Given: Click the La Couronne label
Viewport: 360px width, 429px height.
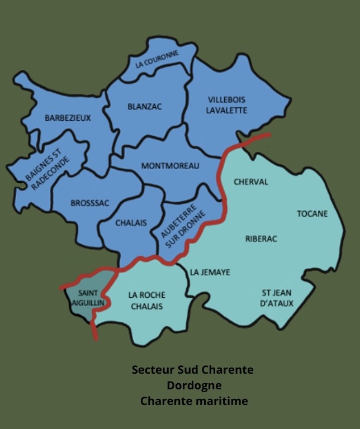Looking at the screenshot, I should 157,59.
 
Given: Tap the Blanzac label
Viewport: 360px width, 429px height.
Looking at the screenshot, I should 144,106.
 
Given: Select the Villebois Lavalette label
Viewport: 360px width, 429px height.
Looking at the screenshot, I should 226,105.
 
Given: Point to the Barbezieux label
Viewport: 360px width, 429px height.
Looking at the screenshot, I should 68,118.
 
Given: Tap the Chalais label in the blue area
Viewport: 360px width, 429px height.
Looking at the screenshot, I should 131,223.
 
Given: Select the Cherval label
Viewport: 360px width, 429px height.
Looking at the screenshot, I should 251,182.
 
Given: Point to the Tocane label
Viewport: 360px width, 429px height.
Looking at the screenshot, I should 312,213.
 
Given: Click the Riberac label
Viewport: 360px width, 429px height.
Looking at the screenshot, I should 261,239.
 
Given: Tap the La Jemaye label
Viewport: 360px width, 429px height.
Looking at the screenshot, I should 210,272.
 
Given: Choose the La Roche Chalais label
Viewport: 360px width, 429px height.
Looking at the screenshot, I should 146,301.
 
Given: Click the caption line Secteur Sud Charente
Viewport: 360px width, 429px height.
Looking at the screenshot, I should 192,370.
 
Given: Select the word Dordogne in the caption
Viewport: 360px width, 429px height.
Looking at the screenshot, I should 193,385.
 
